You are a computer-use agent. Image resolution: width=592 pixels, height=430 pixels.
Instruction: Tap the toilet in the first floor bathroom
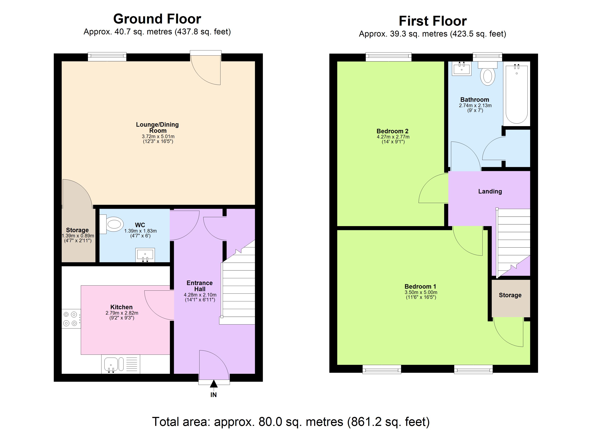point(487,75)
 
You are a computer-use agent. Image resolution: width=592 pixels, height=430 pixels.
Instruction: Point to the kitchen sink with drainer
point(121,364)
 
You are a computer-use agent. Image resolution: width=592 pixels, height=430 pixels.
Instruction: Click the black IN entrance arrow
point(213,384)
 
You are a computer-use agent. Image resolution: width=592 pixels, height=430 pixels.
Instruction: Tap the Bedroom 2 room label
point(392,131)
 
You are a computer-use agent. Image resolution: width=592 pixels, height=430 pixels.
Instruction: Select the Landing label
point(490,191)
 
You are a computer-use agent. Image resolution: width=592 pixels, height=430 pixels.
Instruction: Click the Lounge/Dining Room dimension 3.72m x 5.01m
point(158,136)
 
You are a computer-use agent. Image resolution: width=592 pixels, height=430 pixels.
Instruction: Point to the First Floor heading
point(433,21)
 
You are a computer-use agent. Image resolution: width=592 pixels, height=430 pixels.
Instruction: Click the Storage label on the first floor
point(510,295)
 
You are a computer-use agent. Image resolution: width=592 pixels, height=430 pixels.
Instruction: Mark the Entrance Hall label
point(200,286)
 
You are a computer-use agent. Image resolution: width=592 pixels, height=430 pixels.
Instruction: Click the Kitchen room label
point(121,307)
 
